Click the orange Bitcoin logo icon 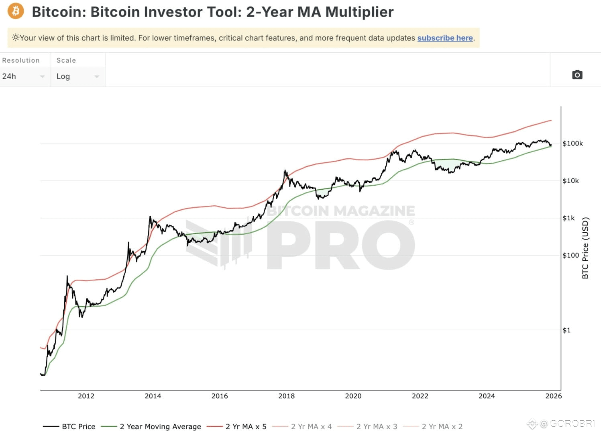[16, 11]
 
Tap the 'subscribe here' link [445, 38]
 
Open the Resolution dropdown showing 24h [23, 76]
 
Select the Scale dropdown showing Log [77, 76]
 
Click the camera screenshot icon [577, 75]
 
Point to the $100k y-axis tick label [572, 143]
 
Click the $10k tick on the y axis [570, 181]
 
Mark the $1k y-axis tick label [568, 218]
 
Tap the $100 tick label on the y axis [570, 255]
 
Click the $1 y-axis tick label [566, 330]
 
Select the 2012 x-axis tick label [86, 396]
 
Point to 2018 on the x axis [286, 396]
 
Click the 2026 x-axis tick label [553, 396]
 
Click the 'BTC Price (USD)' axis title [585, 248]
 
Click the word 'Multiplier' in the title [359, 12]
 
